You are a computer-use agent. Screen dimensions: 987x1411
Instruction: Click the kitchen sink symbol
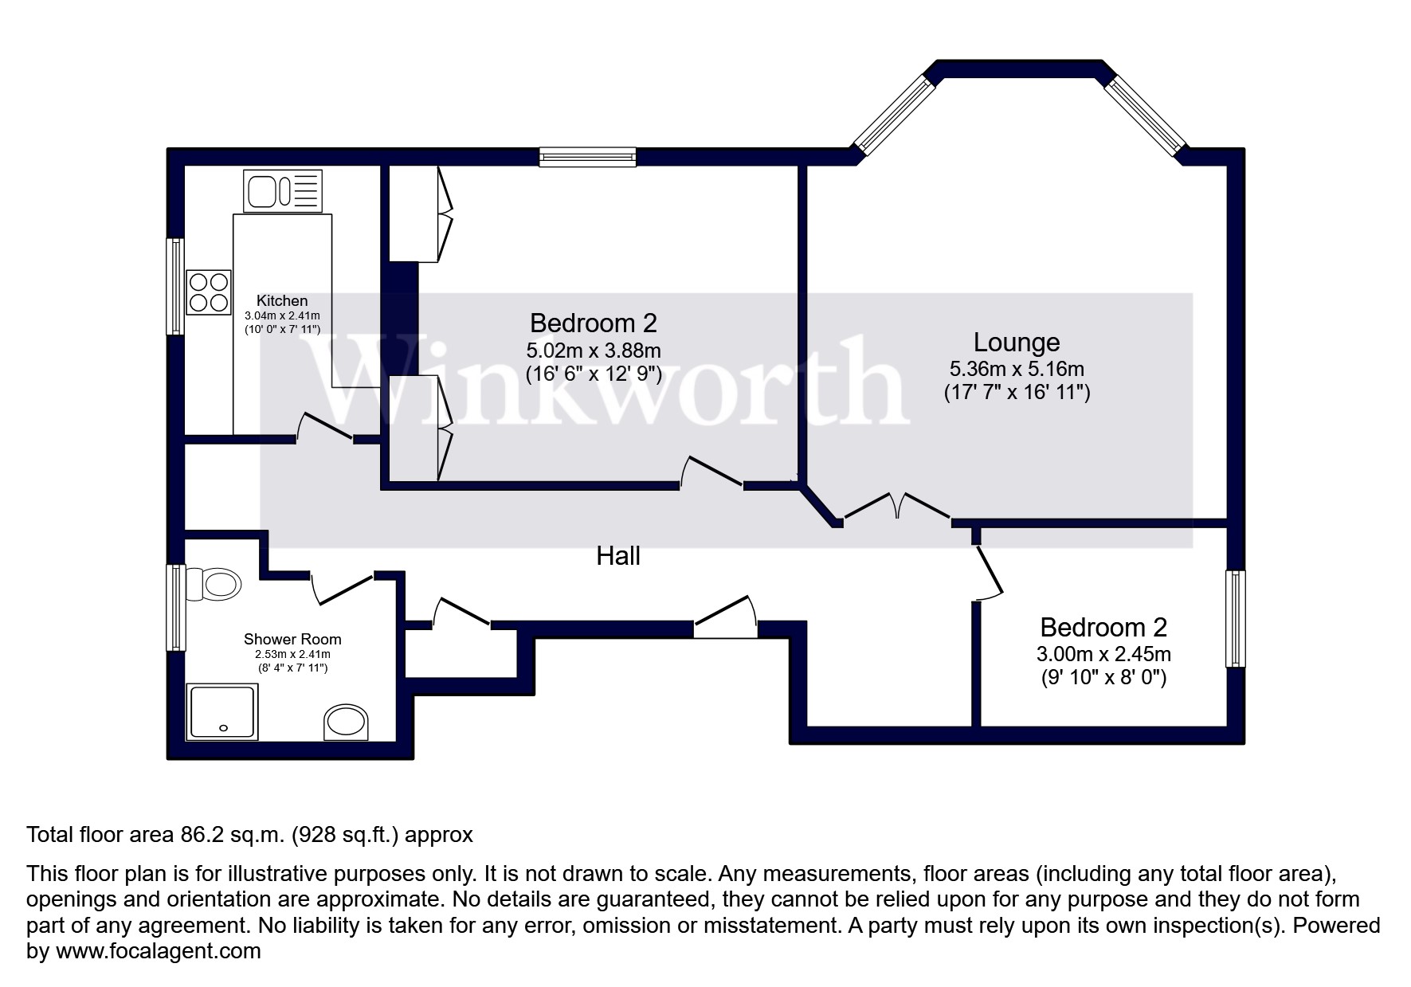coord(283,191)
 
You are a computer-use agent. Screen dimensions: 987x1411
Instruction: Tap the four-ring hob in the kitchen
coord(209,292)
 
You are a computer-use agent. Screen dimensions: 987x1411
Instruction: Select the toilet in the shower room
coord(214,584)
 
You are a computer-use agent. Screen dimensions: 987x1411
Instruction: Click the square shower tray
coord(222,711)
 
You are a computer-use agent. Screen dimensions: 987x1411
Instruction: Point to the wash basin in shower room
coord(347,722)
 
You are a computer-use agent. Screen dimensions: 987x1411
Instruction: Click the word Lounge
coord(1017,343)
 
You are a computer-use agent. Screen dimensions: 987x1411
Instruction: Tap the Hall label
coord(618,556)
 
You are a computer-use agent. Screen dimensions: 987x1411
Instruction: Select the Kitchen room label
coord(282,301)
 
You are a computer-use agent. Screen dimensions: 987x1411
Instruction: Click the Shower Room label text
coord(292,639)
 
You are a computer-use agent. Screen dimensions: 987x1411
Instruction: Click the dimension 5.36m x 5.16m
coord(1017,369)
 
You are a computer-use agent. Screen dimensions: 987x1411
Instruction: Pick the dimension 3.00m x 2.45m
coord(1103,655)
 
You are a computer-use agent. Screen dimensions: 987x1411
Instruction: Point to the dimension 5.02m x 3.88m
coord(594,351)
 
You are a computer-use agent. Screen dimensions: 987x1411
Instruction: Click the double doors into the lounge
coord(896,506)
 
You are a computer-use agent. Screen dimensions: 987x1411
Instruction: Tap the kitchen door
coord(325,427)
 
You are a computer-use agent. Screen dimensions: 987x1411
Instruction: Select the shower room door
coord(343,588)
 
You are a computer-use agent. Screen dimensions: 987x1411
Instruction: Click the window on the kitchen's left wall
coord(175,287)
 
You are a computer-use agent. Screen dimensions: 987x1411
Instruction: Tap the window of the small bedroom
coord(1235,618)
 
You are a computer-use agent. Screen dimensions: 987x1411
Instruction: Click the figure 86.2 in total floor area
coord(195,835)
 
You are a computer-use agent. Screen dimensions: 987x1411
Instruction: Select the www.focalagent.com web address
coord(158,951)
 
